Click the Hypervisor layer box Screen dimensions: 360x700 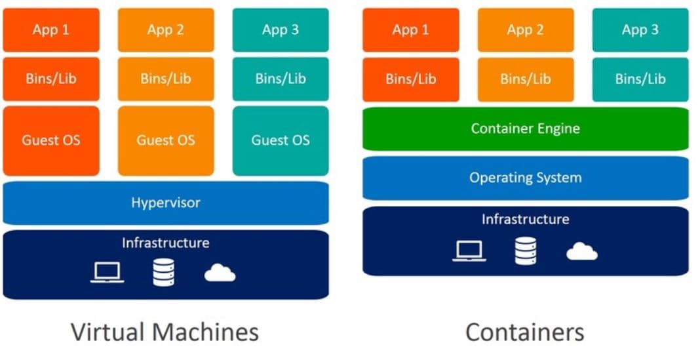click(x=165, y=203)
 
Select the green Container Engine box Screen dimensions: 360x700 click(x=525, y=129)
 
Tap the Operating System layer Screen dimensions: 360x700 click(x=525, y=178)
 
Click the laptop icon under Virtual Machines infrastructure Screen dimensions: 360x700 click(x=107, y=272)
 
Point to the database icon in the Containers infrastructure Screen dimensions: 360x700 click(x=525, y=250)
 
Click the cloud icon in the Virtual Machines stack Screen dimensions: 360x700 click(x=220, y=273)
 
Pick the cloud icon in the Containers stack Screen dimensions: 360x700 click(x=581, y=251)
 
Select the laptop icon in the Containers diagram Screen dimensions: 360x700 click(x=469, y=250)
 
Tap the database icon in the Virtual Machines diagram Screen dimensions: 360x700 click(x=163, y=272)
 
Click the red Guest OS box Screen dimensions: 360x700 click(x=51, y=140)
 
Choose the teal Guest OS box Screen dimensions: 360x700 click(x=281, y=140)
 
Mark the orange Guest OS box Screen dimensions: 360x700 click(x=166, y=140)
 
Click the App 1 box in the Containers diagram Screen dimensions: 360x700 click(x=410, y=30)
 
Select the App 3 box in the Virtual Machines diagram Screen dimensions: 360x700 click(x=281, y=30)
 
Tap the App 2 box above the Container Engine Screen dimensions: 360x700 click(x=525, y=30)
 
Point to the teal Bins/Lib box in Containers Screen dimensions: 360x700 click(x=640, y=79)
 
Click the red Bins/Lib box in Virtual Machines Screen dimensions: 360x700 click(x=51, y=79)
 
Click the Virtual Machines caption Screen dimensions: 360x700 click(x=165, y=332)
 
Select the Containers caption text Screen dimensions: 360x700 click(x=525, y=332)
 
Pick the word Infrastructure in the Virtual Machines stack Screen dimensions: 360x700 click(x=165, y=243)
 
